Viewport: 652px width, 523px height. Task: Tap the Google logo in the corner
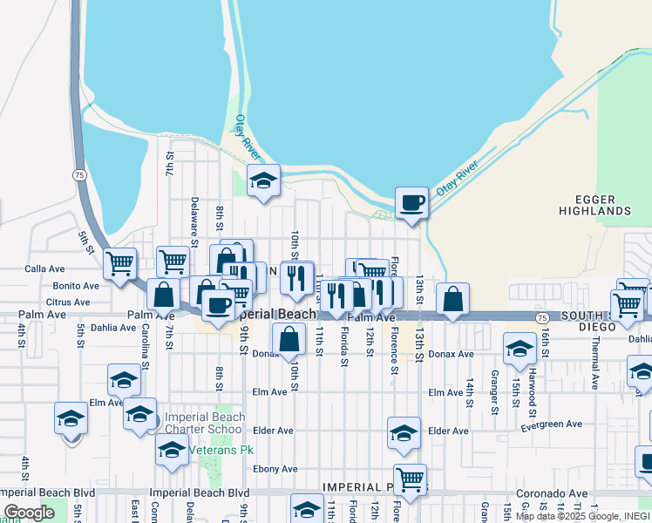[30, 513]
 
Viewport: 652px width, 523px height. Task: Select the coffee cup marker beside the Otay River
[412, 204]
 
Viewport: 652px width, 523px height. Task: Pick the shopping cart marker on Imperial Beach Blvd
[410, 479]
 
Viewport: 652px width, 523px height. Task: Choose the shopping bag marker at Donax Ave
[289, 339]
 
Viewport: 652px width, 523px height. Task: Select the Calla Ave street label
[45, 268]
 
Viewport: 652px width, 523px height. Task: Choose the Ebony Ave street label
[275, 469]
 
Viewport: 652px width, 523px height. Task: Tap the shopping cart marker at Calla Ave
[119, 261]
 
